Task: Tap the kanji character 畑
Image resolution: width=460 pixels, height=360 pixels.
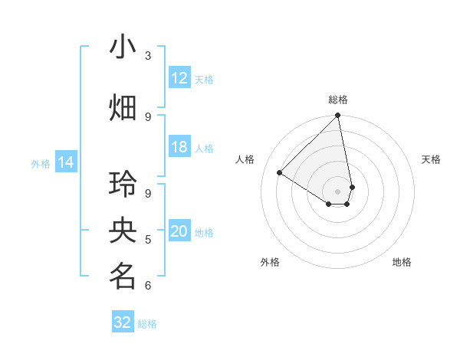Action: tap(123, 107)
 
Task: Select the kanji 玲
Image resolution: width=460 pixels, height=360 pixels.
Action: tap(123, 185)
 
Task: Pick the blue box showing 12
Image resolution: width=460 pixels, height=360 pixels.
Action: tap(179, 78)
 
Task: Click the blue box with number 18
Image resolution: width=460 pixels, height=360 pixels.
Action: tap(179, 147)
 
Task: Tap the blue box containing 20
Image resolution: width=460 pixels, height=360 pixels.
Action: tap(179, 232)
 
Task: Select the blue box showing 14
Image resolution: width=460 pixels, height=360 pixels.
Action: tap(66, 162)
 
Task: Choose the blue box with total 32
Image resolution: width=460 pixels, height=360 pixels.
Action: tap(123, 322)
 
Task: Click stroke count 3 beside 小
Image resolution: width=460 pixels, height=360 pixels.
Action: tap(148, 55)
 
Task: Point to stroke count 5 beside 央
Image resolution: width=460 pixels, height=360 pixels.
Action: tap(148, 240)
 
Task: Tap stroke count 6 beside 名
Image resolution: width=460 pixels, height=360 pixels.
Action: tap(148, 286)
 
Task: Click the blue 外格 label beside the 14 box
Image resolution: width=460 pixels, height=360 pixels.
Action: tap(41, 163)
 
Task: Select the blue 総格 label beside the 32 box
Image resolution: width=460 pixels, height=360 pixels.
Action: tap(147, 323)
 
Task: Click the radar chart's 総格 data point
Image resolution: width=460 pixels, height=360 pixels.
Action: tap(338, 116)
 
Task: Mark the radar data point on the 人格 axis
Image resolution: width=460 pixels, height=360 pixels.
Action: tap(280, 172)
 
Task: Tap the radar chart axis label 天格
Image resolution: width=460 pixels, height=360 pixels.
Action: tap(432, 159)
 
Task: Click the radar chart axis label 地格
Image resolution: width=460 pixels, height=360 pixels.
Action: tap(402, 263)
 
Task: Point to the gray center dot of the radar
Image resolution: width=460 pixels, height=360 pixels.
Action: tap(338, 191)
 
